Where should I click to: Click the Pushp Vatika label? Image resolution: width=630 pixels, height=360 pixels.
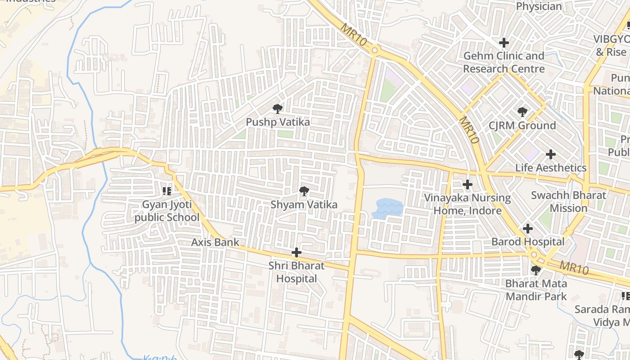click(x=278, y=122)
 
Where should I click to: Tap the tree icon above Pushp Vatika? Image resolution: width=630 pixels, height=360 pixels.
click(x=278, y=108)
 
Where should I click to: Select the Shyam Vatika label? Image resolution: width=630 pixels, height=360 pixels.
click(x=304, y=205)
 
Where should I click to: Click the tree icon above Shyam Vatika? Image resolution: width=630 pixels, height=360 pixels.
click(x=304, y=192)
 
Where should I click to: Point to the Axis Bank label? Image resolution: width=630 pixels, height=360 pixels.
click(x=215, y=242)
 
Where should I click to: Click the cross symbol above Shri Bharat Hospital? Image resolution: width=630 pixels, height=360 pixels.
click(x=296, y=252)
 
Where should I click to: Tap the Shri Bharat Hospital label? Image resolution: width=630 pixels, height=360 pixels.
click(x=296, y=272)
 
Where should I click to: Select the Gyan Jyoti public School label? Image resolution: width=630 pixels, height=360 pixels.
click(x=167, y=211)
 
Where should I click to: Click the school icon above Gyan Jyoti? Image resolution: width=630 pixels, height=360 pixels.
click(x=167, y=192)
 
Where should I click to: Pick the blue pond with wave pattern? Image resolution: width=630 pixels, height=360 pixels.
click(x=387, y=208)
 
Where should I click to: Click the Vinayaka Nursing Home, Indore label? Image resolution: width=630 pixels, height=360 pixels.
click(x=468, y=204)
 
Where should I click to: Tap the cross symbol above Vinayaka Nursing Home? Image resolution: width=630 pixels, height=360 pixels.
click(x=468, y=184)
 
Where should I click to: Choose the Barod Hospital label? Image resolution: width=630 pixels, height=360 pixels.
click(x=527, y=242)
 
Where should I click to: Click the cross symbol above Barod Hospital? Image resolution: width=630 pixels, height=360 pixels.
click(x=527, y=229)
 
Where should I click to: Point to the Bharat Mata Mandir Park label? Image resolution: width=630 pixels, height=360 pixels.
click(x=536, y=290)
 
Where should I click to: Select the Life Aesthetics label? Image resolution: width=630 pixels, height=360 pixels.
click(x=551, y=168)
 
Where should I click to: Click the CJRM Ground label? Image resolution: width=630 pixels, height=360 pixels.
click(x=522, y=125)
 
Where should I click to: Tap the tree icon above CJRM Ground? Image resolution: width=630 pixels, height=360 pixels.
click(x=522, y=112)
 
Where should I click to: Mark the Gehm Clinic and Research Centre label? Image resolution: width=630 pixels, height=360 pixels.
click(x=504, y=62)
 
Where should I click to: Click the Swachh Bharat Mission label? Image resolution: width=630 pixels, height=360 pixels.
click(x=568, y=202)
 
